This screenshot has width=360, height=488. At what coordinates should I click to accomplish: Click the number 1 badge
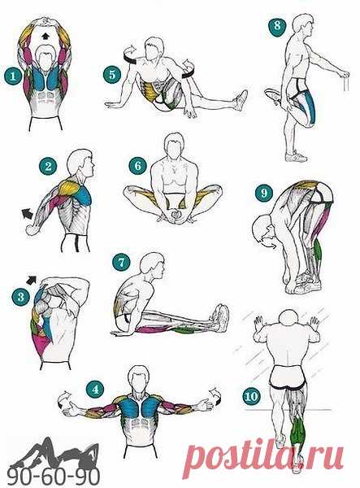[x=13, y=76]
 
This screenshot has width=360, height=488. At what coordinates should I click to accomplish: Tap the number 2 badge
[x=48, y=167]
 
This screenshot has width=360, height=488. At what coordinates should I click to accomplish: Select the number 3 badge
[x=21, y=296]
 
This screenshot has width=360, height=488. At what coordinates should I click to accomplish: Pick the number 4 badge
[x=95, y=389]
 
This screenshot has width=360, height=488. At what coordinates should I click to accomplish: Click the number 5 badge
[x=112, y=75]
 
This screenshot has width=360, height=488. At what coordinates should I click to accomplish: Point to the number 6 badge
[x=137, y=166]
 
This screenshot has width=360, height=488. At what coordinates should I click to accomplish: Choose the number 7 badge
[x=121, y=262]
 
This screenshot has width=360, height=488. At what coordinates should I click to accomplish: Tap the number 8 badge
[x=278, y=25]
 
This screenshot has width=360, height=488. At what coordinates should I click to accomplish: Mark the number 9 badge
[x=264, y=193]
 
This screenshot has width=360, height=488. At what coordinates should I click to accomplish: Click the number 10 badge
[x=251, y=396]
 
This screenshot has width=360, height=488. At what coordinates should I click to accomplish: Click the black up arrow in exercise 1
[x=46, y=37]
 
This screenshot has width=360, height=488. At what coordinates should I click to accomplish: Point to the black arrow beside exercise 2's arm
[x=28, y=214]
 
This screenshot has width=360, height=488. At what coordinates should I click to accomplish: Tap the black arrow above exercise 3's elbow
[x=32, y=280]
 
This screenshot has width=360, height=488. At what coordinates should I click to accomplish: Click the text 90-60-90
[x=54, y=476]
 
